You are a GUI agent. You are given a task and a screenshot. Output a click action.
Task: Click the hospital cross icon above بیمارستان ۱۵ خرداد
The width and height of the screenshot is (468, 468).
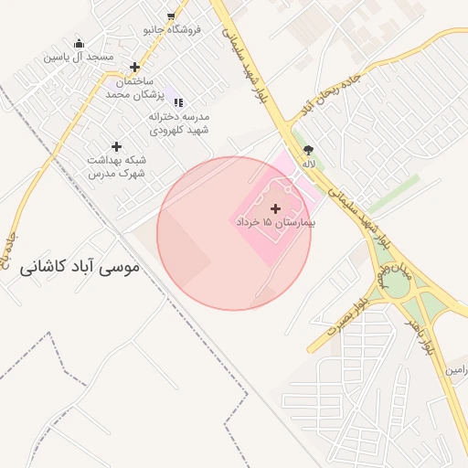(275, 208)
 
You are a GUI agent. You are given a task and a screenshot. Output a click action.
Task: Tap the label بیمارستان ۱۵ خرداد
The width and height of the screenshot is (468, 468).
(275, 222)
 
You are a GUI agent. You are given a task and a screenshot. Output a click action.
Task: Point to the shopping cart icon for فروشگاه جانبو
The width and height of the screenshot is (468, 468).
(171, 16)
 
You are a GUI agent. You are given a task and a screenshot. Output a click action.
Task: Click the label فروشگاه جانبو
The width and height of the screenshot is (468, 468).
(171, 29)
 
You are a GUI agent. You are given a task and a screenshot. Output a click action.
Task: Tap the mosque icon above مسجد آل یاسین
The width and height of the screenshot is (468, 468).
(79, 43)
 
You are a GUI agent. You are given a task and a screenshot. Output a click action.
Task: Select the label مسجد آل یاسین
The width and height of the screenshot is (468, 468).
(79, 57)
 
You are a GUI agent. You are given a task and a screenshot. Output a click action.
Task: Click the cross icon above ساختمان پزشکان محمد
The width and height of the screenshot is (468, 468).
(135, 67)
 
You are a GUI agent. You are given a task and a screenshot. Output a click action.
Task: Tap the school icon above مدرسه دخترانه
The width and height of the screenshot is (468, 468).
(178, 102)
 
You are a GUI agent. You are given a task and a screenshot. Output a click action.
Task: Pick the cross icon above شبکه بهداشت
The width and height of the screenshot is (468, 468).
(116, 146)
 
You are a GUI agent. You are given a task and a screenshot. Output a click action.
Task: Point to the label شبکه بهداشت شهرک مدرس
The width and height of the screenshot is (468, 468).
(116, 166)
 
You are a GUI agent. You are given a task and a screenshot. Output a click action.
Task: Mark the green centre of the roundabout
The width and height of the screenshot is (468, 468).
(397, 286)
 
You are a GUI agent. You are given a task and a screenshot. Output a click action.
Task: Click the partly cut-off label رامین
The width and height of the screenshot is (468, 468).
(456, 369)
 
